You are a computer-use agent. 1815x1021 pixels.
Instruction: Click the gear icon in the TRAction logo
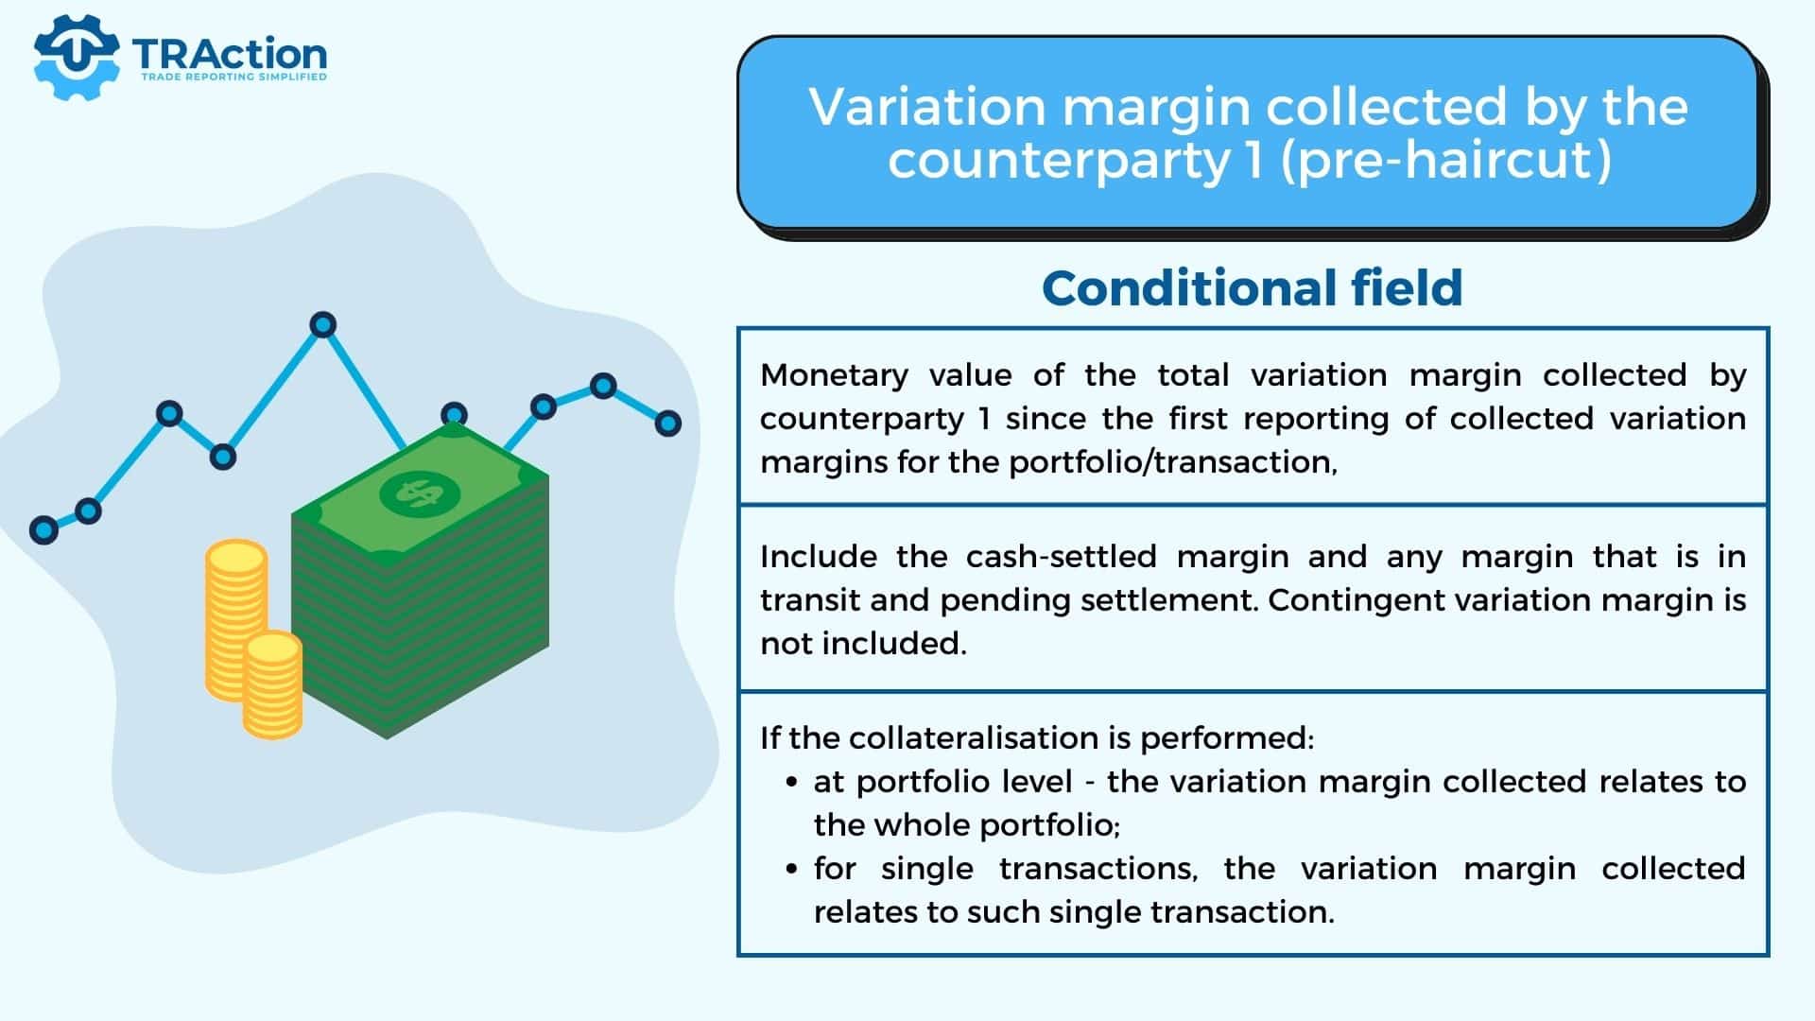(x=76, y=57)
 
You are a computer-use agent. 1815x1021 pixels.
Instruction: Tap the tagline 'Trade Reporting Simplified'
(x=233, y=77)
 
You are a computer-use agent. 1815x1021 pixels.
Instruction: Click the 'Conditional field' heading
(x=1253, y=288)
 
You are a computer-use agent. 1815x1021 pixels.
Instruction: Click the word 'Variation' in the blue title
(x=927, y=106)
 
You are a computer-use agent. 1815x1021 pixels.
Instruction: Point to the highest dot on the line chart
(x=323, y=325)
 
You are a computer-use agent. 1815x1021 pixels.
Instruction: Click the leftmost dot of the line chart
(x=43, y=529)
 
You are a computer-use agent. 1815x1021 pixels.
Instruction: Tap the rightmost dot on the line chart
(x=668, y=423)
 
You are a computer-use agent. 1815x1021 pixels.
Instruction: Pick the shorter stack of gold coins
(x=273, y=685)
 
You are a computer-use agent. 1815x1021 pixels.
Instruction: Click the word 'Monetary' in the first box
(x=834, y=376)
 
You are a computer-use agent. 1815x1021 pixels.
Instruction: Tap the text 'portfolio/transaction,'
(x=1173, y=462)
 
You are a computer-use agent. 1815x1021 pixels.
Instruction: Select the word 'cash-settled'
(x=1061, y=557)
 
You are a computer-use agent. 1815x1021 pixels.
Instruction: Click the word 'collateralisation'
(x=977, y=737)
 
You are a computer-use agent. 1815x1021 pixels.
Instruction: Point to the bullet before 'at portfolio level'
(x=792, y=782)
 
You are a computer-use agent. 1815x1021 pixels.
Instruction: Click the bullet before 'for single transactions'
(x=792, y=869)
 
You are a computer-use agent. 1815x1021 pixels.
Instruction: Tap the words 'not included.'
(x=864, y=643)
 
